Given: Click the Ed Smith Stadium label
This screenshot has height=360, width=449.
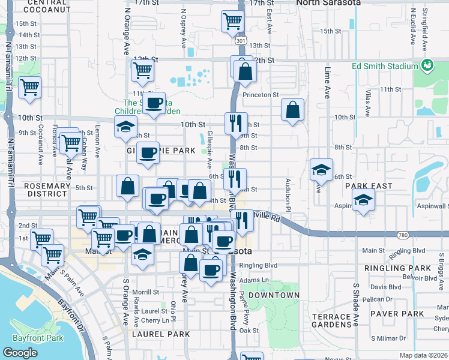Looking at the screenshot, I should tap(384, 66).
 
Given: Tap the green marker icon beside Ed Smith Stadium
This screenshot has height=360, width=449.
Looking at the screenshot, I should tap(427, 65).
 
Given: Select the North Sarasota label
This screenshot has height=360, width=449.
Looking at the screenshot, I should tap(329, 3).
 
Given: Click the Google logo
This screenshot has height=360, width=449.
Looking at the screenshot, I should tap(20, 353).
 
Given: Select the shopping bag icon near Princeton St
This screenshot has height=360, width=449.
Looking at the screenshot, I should tap(292, 110).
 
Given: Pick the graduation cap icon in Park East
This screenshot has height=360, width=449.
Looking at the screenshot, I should tap(363, 200).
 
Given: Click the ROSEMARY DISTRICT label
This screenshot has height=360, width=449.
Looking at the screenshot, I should tap(47, 191).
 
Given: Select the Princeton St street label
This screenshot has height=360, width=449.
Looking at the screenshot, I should tap(261, 95).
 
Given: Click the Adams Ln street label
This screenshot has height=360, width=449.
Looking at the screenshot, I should tap(252, 280).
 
